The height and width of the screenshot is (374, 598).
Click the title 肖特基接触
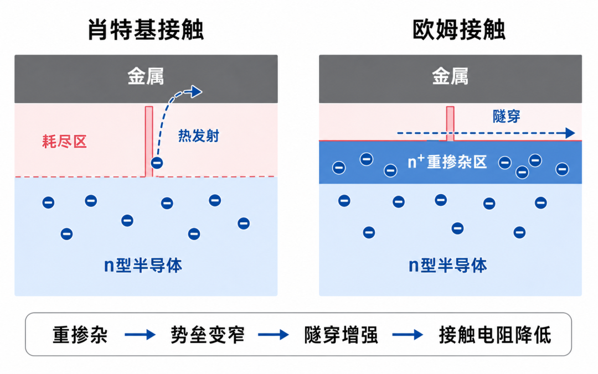point(146,30)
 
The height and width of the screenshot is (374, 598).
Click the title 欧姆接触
point(459,30)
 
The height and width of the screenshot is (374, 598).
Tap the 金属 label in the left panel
point(146,77)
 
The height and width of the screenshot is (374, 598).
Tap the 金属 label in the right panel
point(450,77)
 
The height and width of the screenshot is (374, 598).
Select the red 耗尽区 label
point(64,142)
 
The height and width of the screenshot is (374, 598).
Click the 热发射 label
point(199,136)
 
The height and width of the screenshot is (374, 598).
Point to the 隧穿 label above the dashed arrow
point(507,116)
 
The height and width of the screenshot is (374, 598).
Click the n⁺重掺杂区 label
point(447,162)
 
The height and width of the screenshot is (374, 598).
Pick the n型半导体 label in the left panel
point(143,266)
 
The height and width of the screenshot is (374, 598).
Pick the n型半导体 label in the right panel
point(448,266)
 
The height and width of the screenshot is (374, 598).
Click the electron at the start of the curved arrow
point(157,163)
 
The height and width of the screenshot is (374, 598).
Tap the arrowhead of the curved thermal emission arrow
point(197,91)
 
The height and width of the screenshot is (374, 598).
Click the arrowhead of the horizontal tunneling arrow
point(570,133)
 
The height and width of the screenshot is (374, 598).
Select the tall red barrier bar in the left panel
point(149,142)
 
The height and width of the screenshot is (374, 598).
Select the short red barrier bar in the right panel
point(450,123)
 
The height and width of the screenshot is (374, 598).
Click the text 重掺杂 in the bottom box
point(80,335)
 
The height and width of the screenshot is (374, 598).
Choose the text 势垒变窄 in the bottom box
point(208,335)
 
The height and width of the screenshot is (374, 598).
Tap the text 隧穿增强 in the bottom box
point(341,335)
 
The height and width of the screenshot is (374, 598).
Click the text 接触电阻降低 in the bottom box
point(495,335)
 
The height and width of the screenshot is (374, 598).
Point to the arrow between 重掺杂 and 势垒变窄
point(140,335)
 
